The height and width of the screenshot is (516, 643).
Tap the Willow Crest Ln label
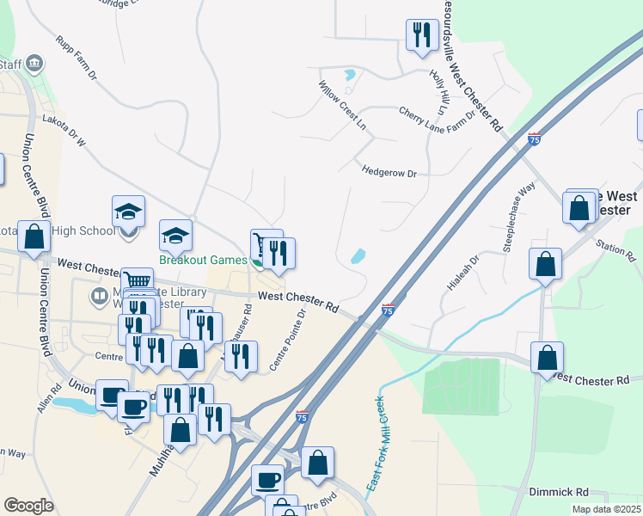tap(343, 106)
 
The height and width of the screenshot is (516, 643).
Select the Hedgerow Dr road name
tap(389, 172)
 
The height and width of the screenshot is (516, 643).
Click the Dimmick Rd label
tap(558, 492)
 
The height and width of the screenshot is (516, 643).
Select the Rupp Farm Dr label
tap(76, 58)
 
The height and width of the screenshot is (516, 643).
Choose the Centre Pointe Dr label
tap(288, 340)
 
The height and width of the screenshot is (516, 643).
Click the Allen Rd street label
tap(45, 401)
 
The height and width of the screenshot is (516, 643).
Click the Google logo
tap(28, 506)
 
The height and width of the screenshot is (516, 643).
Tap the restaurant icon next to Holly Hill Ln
tap(421, 35)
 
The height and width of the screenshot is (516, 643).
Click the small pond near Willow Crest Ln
tap(349, 75)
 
